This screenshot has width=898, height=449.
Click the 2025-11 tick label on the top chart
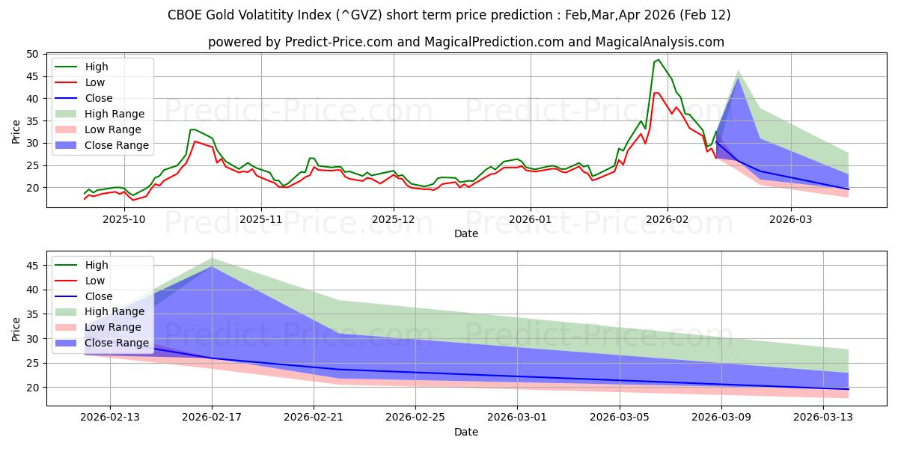click(261, 219)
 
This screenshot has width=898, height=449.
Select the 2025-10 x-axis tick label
click(124, 219)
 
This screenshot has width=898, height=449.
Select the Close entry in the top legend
click(99, 98)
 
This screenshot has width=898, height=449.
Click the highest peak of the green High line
click(658, 60)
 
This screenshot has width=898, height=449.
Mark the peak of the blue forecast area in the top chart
click(738, 79)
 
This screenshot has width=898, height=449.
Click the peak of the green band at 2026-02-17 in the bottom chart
click(212, 258)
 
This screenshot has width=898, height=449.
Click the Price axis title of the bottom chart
click(16, 329)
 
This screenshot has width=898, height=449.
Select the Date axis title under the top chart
click(465, 233)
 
